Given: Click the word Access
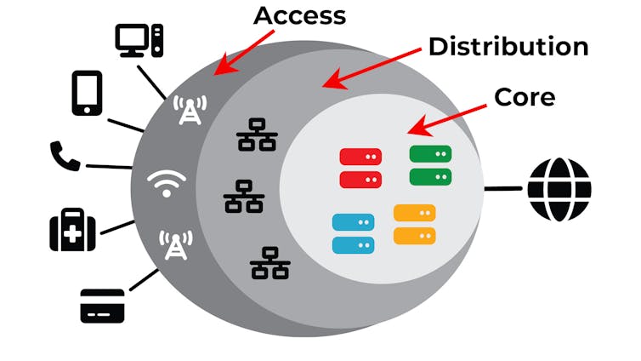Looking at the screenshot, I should [300, 15].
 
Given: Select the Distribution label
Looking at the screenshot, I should [508, 46].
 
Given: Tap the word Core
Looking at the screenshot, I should [525, 96].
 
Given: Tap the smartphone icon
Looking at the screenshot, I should [87, 93].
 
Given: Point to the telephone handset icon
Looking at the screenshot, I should [65, 157].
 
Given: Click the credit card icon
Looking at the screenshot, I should [102, 305].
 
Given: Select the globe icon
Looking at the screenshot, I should [559, 189].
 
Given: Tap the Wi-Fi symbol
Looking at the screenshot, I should [166, 182].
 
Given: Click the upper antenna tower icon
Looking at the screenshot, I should [190, 110].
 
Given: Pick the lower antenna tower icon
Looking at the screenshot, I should [175, 244].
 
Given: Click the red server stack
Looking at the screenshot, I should [360, 168].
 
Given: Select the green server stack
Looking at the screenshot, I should [430, 165].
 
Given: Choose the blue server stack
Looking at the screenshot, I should [353, 233].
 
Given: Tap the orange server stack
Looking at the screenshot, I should [415, 224].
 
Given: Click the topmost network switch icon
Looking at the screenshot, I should [256, 135].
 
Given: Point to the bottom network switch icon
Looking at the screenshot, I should [270, 263].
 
